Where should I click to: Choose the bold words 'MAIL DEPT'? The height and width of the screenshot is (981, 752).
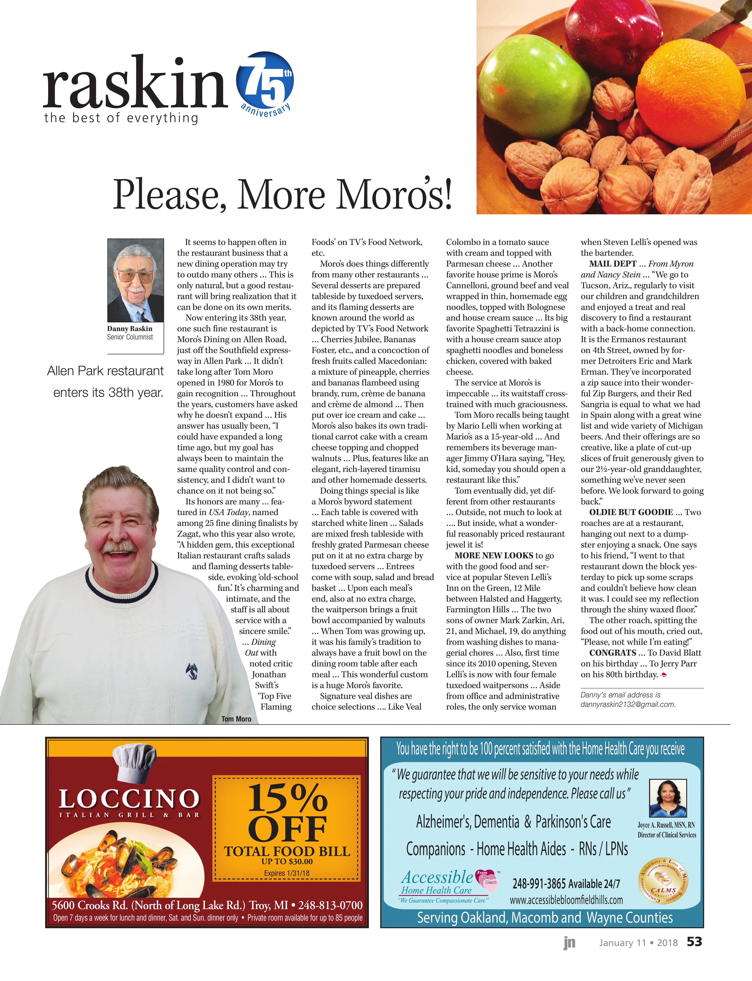pyautogui.click(x=612, y=264)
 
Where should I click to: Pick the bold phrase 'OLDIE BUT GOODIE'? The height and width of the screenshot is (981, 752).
pyautogui.click(x=631, y=512)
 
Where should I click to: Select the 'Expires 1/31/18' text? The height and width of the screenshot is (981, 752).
pyautogui.click(x=286, y=873)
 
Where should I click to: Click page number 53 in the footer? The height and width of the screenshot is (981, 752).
pyautogui.click(x=694, y=942)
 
